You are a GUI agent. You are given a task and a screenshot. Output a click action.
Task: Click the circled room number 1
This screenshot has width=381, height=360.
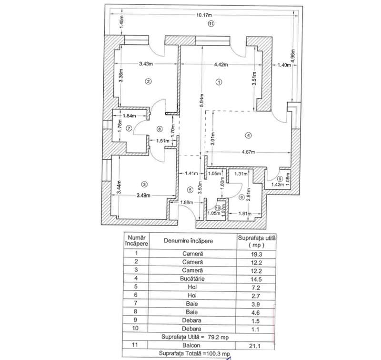point(219,82)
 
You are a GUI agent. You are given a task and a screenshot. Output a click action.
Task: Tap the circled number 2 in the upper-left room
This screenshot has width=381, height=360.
point(148,82)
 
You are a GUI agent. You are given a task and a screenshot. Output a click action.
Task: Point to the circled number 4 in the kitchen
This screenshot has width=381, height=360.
point(248,135)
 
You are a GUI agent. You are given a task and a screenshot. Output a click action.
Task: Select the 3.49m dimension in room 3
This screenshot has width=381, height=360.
point(143,195)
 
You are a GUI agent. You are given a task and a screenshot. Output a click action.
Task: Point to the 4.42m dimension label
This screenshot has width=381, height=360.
point(220,64)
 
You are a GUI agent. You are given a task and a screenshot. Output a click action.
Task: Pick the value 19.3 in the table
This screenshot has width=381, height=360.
point(256,255)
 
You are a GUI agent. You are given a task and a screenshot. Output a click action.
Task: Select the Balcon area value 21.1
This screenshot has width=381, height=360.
point(256,345)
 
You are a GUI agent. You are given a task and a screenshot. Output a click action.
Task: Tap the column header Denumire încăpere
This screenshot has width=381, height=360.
point(188,241)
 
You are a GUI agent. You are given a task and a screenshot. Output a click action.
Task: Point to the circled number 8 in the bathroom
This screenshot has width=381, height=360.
point(241,196)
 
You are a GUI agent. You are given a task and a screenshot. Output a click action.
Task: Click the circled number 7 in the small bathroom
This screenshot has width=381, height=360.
point(129,128)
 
